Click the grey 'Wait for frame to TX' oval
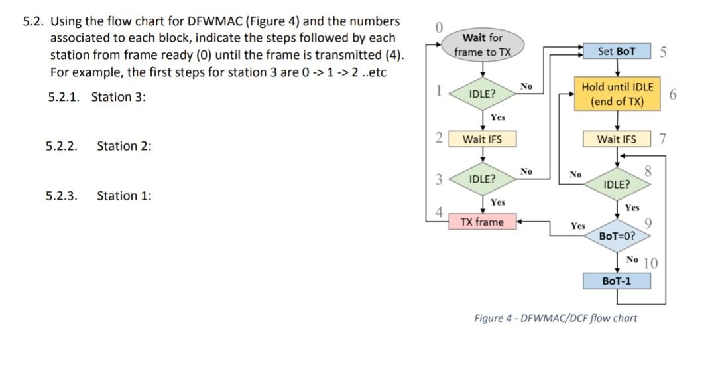[483, 44]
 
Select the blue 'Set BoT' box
[616, 51]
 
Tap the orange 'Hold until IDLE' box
[617, 94]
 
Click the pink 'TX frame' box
[482, 222]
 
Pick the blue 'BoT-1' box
[617, 281]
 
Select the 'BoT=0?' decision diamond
[617, 236]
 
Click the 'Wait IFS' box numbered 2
[482, 139]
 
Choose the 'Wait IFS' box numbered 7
[617, 139]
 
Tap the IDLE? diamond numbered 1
[482, 94]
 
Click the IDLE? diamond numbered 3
[482, 179]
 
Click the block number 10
[650, 263]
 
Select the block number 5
[663, 51]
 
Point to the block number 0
[438, 27]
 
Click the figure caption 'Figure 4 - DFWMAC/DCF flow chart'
[556, 318]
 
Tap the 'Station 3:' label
[118, 97]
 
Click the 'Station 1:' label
[124, 196]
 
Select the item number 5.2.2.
[62, 146]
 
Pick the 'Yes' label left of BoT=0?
[578, 226]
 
